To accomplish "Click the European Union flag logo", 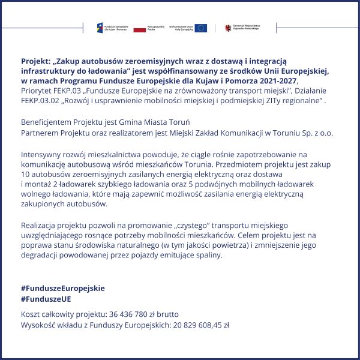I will [x=201, y=28].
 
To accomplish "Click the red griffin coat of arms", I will [x=228, y=28].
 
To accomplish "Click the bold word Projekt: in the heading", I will [x=35, y=61].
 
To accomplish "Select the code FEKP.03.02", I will [x=40, y=101].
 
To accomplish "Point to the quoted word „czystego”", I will [x=190, y=225].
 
